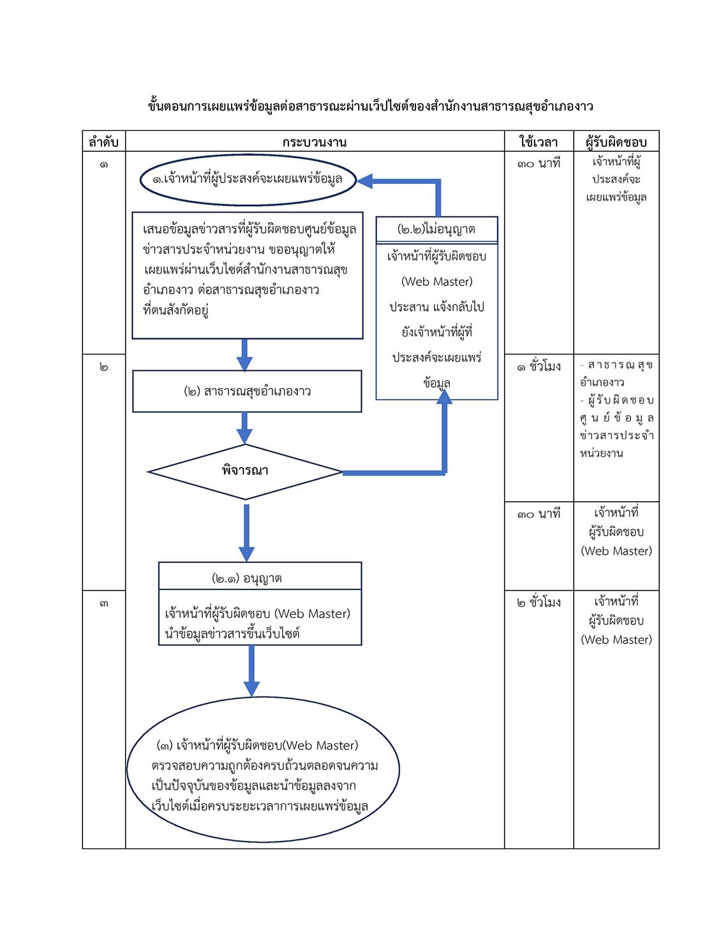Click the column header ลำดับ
coord(103,142)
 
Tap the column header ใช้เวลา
coord(539,142)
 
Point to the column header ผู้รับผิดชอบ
coord(616,142)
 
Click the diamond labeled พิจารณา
coord(245,472)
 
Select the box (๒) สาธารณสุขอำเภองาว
coord(247,391)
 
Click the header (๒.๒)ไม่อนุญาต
coord(436,229)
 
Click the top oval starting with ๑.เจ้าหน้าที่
coord(248,180)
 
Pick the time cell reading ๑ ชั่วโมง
coord(539,366)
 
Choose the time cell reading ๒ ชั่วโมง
coord(539,602)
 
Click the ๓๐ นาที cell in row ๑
coord(539,163)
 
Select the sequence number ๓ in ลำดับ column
coord(104,603)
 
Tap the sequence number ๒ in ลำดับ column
coord(104,367)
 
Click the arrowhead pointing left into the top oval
coord(364,181)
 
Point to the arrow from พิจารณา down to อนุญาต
coord(246,532)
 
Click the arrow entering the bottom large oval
coord(251,671)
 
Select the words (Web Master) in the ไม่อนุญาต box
coord(436,282)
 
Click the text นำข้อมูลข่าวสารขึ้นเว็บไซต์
coord(232,634)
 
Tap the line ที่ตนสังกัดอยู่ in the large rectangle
coord(175,310)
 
